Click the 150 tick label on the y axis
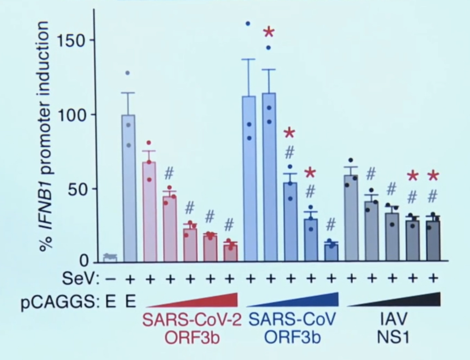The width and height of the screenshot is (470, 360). click(x=71, y=40)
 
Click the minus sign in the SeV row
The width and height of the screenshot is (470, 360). click(x=110, y=279)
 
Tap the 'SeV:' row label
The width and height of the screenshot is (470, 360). click(x=81, y=279)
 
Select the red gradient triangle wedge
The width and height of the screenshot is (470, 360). click(x=208, y=301)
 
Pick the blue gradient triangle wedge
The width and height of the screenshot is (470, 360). click(x=308, y=301)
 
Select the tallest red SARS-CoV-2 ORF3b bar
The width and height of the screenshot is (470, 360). click(x=149, y=211)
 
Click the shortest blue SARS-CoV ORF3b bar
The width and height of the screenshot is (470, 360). click(x=331, y=252)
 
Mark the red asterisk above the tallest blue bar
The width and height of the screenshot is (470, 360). click(x=269, y=33)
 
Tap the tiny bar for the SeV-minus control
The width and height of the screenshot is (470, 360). click(x=110, y=258)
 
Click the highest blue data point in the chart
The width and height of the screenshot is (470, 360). click(x=248, y=24)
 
